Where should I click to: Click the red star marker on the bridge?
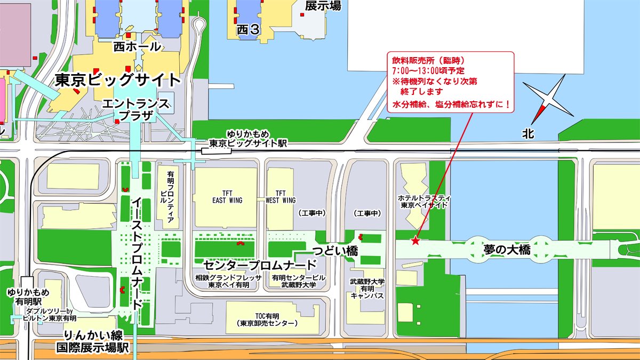[x=415, y=241]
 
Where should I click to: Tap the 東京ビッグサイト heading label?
[x=118, y=81]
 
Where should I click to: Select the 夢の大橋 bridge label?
[x=507, y=250]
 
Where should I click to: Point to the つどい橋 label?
[x=334, y=251]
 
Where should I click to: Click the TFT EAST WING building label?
[x=227, y=197]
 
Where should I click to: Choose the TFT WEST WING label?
[x=281, y=197]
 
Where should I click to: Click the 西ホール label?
[x=137, y=47]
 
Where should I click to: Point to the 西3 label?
[x=248, y=30]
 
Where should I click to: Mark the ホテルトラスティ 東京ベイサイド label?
[x=420, y=201]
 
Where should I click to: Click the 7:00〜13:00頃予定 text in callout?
[x=428, y=70]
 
